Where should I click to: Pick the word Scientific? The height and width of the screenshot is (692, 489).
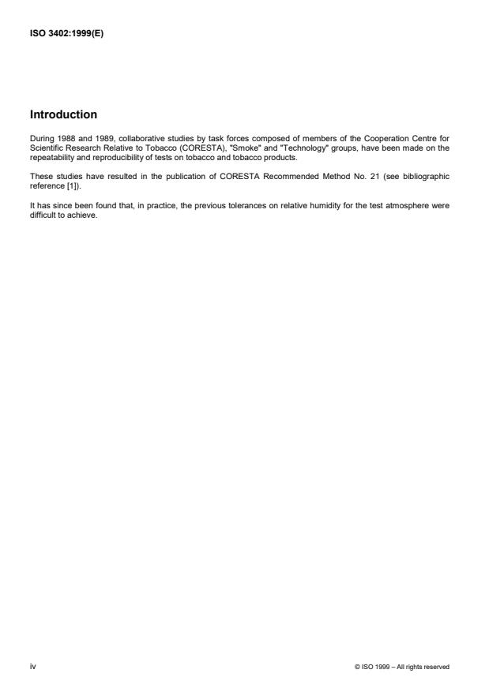46,148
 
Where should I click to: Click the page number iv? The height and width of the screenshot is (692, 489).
33,667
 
